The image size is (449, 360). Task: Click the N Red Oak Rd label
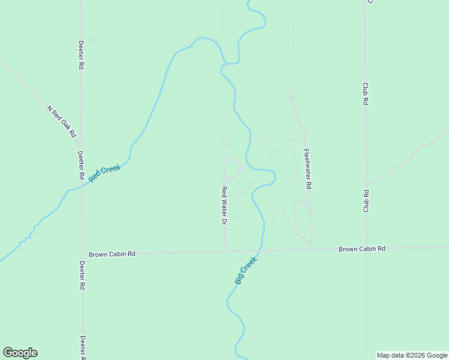[63, 121]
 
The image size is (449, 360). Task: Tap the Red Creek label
[105, 173]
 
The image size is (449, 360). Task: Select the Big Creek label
[246, 271]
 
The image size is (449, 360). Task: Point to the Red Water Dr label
[224, 206]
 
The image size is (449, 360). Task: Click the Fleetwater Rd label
[307, 169]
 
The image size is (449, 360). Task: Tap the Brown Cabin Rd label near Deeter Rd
[112, 254]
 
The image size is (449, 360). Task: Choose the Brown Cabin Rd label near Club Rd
[361, 248]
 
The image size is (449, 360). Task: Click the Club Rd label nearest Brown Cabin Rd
[365, 201]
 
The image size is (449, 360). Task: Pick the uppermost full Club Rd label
[365, 94]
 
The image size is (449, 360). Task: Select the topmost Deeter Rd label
[81, 55]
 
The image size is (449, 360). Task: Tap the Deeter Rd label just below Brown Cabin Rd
[82, 276]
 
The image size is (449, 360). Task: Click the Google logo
[20, 353]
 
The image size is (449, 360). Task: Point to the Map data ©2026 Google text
[412, 355]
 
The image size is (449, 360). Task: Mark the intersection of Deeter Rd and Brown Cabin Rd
[82, 253]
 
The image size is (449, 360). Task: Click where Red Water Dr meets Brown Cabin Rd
[224, 251]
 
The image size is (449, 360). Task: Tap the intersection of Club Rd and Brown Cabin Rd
[366, 248]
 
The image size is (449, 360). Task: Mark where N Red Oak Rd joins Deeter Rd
[80, 146]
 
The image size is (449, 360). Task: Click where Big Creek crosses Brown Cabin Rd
[261, 251]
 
